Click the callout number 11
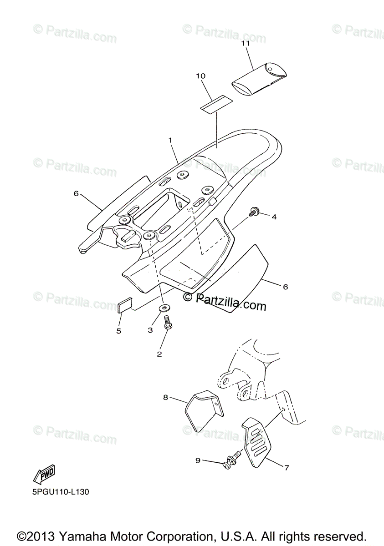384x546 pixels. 246,44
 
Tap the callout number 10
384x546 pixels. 201,76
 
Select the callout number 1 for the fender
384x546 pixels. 170,141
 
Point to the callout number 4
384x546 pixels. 274,217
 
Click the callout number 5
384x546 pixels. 119,331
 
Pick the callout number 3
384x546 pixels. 150,330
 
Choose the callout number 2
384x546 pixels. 159,353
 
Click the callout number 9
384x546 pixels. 198,460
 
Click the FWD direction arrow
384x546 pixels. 43,476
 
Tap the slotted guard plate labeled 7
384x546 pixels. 257,439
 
